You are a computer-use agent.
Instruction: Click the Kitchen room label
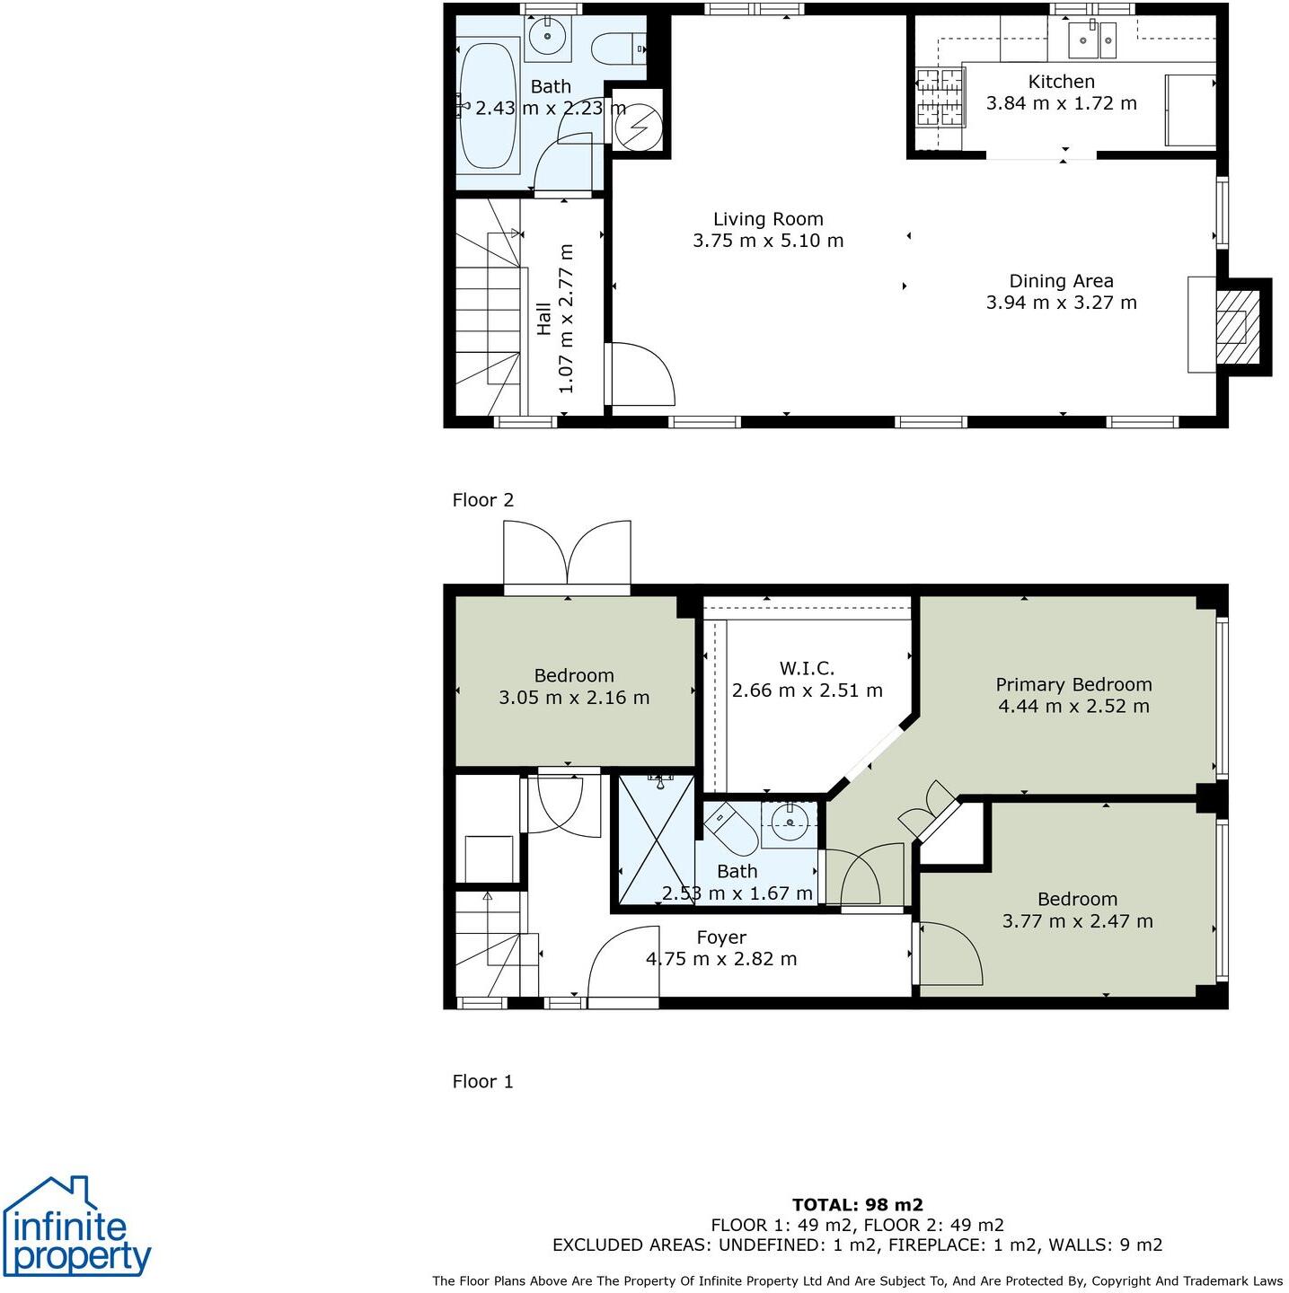1061,82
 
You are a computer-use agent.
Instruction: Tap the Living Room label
768,219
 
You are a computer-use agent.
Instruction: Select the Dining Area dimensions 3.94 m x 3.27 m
1061,303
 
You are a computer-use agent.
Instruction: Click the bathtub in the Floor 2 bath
488,105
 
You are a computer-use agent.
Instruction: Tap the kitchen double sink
1091,39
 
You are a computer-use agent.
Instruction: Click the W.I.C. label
807,668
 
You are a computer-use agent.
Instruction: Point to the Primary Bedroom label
1073,684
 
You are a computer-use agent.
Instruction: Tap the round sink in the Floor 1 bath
790,822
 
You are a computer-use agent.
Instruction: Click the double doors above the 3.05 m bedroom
567,555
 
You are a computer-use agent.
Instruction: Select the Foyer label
721,937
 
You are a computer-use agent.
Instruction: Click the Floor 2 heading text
483,500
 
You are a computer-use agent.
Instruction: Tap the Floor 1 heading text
483,1081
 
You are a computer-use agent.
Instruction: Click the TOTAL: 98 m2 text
857,1205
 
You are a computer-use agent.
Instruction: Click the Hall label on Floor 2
544,320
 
